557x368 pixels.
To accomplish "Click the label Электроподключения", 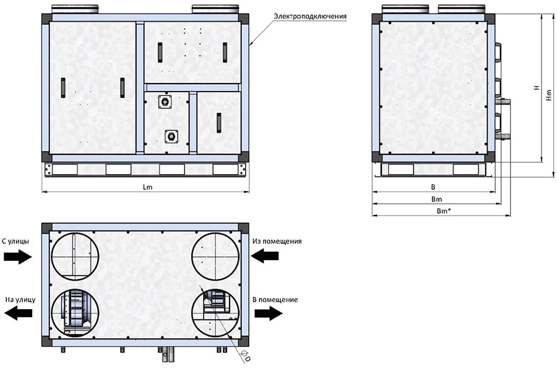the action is (310, 16).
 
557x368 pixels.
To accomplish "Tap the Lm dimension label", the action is (147, 186).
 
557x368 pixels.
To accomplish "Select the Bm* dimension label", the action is (444, 211).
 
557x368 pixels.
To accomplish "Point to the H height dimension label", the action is (537, 87).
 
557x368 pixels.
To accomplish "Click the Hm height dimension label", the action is (549, 94).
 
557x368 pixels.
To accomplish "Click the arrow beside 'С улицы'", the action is (18, 256).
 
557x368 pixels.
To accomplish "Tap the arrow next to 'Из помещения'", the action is (265, 256).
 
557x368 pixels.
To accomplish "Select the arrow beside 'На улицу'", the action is (18, 313).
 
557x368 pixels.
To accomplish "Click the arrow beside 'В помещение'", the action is (269, 313).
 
